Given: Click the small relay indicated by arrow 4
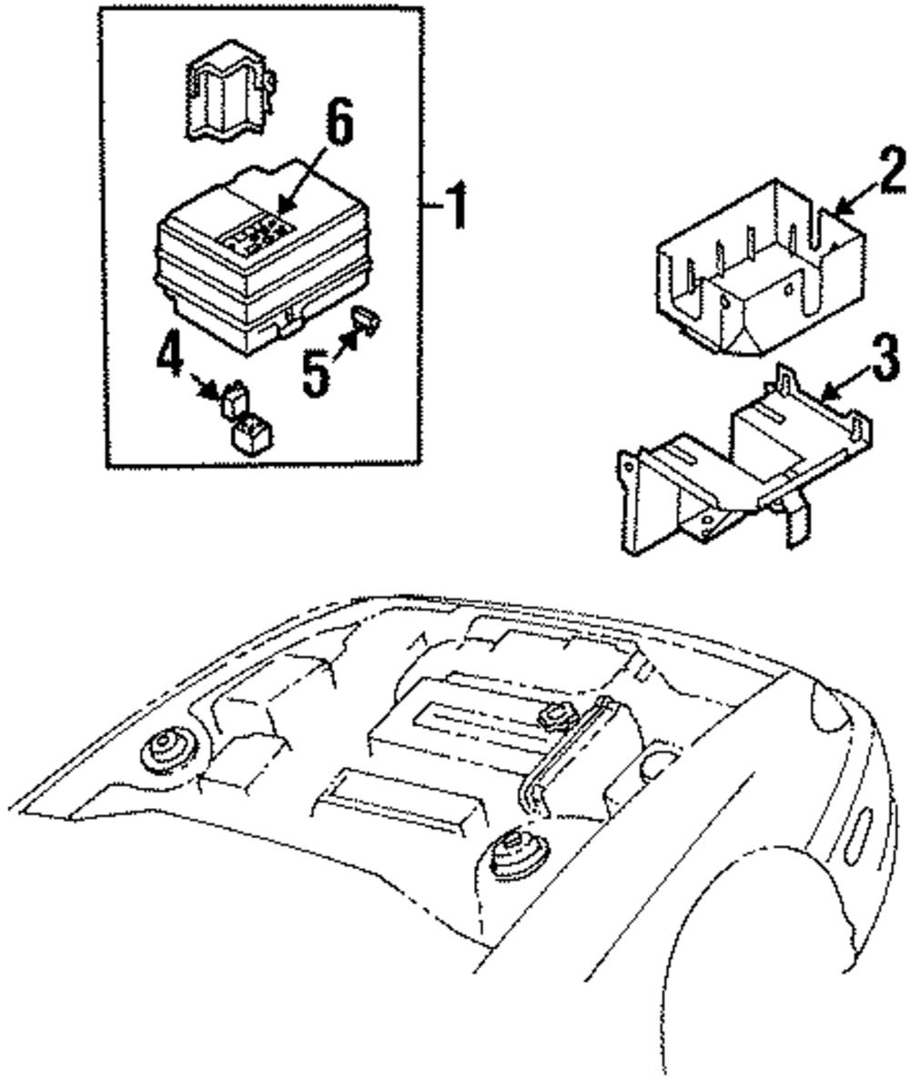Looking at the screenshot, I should click(x=233, y=398).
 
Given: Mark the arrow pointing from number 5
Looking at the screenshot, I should click(x=345, y=345).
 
